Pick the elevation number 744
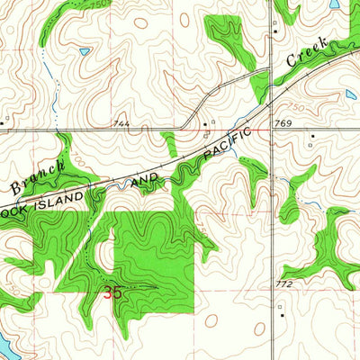pyautogui.click(x=121, y=122)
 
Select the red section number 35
pyautogui.click(x=112, y=292)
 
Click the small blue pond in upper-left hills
pyautogui.click(x=84, y=52)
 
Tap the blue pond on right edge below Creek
pyautogui.click(x=351, y=93)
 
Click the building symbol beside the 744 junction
pyautogui.click(x=206, y=122)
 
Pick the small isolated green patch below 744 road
pyautogui.click(x=169, y=143)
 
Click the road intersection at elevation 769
pyautogui.click(x=272, y=130)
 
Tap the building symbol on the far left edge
pyautogui.click(x=4, y=117)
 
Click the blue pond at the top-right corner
pyautogui.click(x=335, y=4)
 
